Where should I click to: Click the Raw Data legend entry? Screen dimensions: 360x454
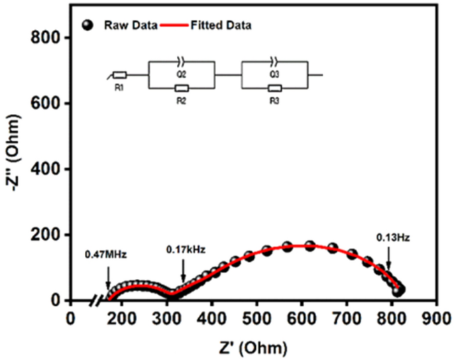click(130, 26)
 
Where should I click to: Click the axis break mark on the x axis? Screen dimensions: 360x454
click(99, 300)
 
